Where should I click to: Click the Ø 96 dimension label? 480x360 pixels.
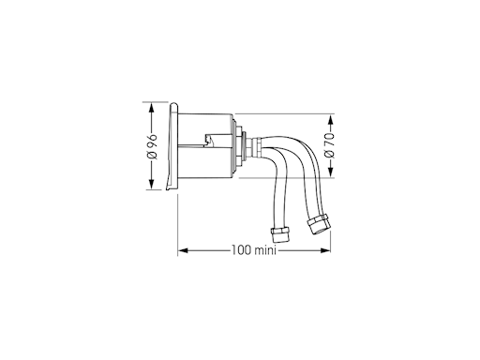[152, 146]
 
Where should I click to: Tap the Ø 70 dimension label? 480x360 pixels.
[329, 145]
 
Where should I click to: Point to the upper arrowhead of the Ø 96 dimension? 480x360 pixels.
[152, 109]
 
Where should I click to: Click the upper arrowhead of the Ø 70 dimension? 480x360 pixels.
[331, 120]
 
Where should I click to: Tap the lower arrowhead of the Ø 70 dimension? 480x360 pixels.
[331, 172]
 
